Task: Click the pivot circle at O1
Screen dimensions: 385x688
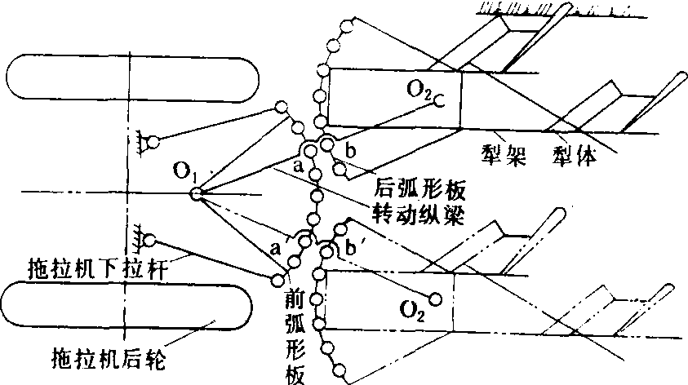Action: [196, 193]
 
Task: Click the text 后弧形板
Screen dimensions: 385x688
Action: [419, 190]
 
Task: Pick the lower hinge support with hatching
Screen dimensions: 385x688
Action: [147, 239]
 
